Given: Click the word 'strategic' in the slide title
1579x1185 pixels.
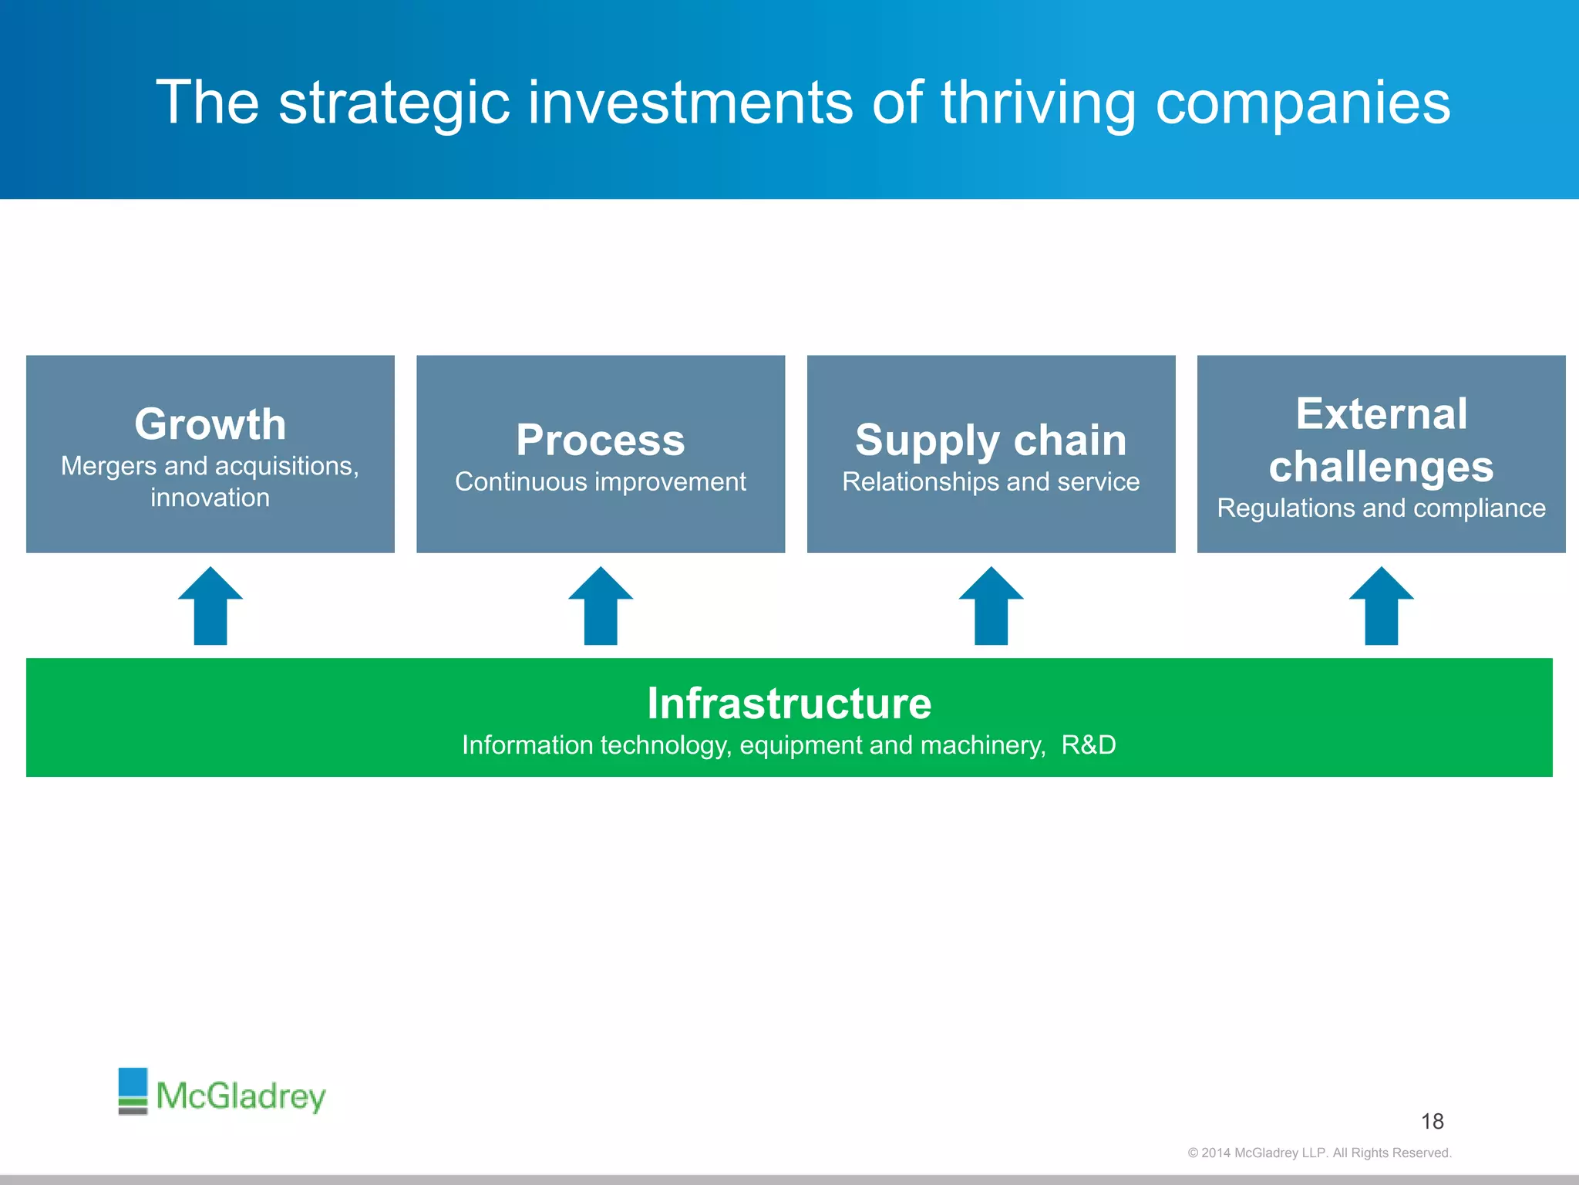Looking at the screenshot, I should pyautogui.click(x=394, y=104).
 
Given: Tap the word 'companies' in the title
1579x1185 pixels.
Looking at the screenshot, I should pyautogui.click(x=1302, y=104).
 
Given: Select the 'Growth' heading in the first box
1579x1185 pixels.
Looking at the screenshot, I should pyautogui.click(x=210, y=424).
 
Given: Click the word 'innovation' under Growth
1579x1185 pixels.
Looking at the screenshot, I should pyautogui.click(x=210, y=498).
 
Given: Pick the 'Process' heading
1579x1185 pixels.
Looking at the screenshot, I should pyautogui.click(x=600, y=441).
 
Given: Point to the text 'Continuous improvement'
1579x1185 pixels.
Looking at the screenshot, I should pyautogui.click(x=600, y=482).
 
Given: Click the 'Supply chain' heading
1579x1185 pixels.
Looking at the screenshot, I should pyautogui.click(x=991, y=441).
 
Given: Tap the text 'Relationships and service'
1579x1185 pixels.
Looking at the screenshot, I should pyautogui.click(x=991, y=482).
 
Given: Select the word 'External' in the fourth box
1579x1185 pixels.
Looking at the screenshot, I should pyautogui.click(x=1381, y=414).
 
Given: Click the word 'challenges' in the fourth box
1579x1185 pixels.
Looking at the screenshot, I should pyautogui.click(x=1381, y=467).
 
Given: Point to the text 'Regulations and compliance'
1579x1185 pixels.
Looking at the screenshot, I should pyautogui.click(x=1381, y=508).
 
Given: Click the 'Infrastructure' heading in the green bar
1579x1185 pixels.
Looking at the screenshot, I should pyautogui.click(x=789, y=704).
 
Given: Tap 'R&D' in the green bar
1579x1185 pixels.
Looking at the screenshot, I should pyautogui.click(x=1088, y=745).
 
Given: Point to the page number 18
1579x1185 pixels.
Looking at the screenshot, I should pyautogui.click(x=1432, y=1122).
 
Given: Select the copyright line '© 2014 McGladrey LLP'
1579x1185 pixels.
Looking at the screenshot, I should pyautogui.click(x=1318, y=1153).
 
